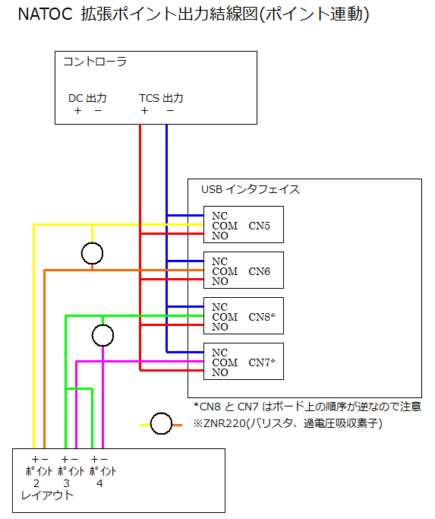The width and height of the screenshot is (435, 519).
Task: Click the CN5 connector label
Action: click(259, 226)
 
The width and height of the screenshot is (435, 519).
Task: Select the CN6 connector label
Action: click(259, 271)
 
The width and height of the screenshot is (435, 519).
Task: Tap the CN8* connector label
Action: click(262, 317)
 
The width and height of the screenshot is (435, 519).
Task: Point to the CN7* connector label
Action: click(262, 362)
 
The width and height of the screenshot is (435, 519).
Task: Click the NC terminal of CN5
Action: click(219, 216)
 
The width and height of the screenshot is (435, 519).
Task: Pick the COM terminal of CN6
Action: click(225, 271)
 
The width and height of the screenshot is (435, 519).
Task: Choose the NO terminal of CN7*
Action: click(220, 372)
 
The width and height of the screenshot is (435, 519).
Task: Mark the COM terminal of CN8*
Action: click(225, 317)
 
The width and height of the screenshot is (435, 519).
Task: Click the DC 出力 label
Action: click(87, 98)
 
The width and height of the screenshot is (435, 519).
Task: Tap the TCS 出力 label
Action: click(161, 98)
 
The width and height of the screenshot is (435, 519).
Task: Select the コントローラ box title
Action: click(95, 62)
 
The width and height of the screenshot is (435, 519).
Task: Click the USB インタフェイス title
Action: click(251, 189)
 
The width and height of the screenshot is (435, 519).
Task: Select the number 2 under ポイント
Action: click(36, 483)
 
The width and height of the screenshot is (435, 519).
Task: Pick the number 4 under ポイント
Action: click(99, 483)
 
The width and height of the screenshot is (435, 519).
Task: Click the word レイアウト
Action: click(47, 495)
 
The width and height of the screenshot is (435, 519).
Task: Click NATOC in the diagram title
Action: click(45, 14)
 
